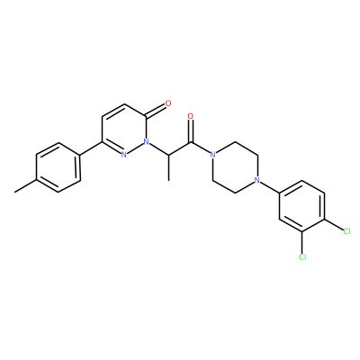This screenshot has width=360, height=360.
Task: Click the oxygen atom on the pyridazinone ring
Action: (168, 103)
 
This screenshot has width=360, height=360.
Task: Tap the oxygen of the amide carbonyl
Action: (191, 116)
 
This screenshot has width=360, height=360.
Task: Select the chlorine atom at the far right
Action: (346, 231)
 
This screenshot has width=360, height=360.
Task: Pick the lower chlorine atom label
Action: (302, 256)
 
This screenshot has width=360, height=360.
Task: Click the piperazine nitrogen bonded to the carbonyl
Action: (212, 155)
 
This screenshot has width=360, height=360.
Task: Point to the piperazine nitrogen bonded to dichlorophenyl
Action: (256, 180)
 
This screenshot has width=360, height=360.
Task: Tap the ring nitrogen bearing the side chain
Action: (146, 141)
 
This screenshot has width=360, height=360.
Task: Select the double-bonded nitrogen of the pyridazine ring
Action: (123, 155)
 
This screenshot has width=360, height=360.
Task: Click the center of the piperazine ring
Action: (235, 167)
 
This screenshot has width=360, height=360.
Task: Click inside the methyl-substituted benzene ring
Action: (58, 167)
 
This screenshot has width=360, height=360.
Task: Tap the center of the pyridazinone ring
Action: (124, 129)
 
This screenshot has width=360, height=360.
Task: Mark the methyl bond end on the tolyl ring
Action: (15, 192)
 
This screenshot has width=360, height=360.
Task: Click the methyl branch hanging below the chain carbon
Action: (168, 167)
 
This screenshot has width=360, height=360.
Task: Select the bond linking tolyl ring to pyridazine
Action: (91, 148)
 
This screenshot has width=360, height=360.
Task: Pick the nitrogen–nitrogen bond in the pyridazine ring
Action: (135, 148)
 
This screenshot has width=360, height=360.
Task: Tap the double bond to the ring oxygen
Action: (156, 111)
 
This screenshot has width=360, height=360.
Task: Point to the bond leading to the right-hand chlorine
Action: (334, 225)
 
